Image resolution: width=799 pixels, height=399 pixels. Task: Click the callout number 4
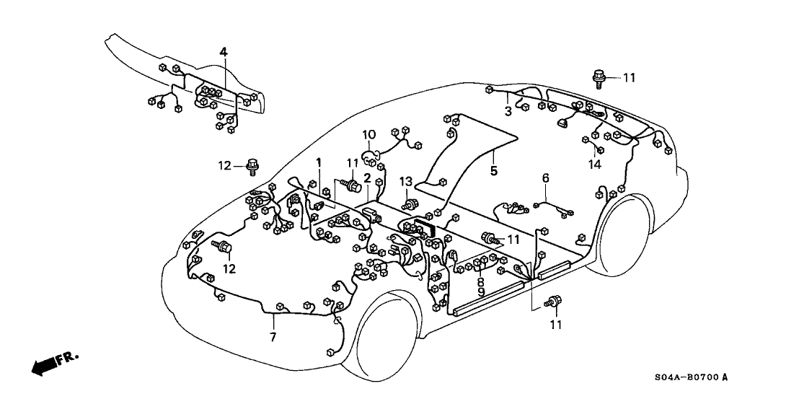point(224,52)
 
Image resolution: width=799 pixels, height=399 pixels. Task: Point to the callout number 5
point(494,171)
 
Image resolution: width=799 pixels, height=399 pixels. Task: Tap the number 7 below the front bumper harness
point(273,338)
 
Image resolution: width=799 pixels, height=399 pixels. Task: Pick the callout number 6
point(545,177)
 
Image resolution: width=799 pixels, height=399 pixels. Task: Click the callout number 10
point(368,134)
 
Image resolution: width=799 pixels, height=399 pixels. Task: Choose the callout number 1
point(318,163)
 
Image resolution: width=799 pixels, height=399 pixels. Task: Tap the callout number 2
point(367,177)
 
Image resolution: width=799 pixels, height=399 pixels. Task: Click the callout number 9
point(480,292)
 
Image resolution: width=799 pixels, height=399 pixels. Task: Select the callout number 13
point(406,180)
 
